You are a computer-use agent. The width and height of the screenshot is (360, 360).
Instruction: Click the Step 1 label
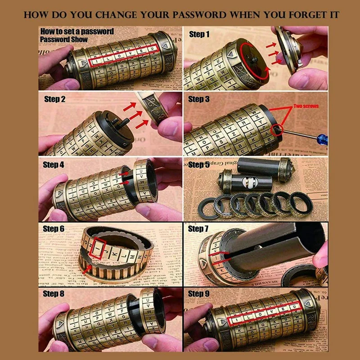coord(199,34)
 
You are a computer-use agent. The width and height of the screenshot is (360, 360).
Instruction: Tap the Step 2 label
coord(54,99)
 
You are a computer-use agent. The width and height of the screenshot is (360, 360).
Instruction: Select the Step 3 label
coord(199,99)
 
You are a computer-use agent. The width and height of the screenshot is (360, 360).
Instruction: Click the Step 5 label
coord(199,165)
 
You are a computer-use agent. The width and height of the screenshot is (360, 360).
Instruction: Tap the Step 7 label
coord(199,229)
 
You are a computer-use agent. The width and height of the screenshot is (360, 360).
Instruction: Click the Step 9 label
coord(199,294)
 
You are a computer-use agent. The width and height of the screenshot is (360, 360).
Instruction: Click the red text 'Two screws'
coord(306,106)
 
